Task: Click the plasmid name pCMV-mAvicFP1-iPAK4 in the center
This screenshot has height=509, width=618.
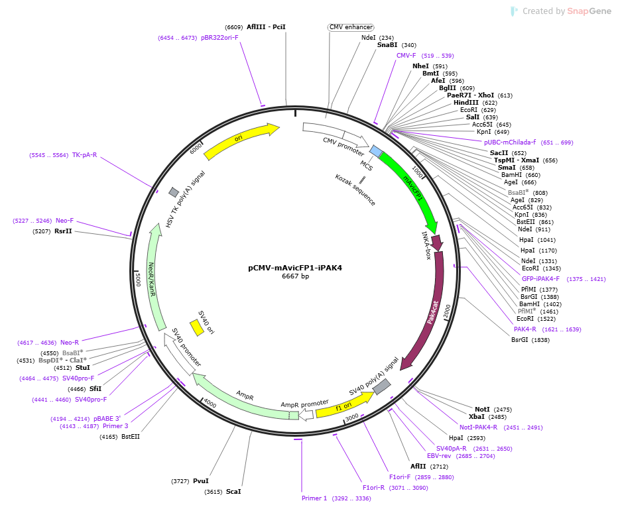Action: coord(295,268)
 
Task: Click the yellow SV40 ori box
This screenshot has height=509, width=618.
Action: coord(197,328)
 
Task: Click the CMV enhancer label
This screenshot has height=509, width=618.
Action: coord(351,27)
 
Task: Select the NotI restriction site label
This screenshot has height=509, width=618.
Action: coord(482,410)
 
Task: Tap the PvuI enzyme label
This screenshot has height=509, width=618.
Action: coord(201,481)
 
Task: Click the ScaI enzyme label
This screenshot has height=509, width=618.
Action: coord(233,492)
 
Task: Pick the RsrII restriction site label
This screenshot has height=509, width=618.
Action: coord(63,231)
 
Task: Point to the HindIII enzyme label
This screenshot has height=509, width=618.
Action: coord(466,103)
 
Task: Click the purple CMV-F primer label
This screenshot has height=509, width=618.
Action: coord(406,56)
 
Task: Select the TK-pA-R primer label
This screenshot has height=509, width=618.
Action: coord(84,155)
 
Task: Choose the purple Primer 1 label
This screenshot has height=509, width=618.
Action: coord(314,498)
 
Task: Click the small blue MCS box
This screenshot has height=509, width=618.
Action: coord(375,151)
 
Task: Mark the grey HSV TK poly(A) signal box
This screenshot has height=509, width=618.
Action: coord(174,192)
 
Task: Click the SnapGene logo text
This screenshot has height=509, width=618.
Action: coord(589,11)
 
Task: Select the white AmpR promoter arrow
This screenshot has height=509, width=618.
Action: coord(306,414)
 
